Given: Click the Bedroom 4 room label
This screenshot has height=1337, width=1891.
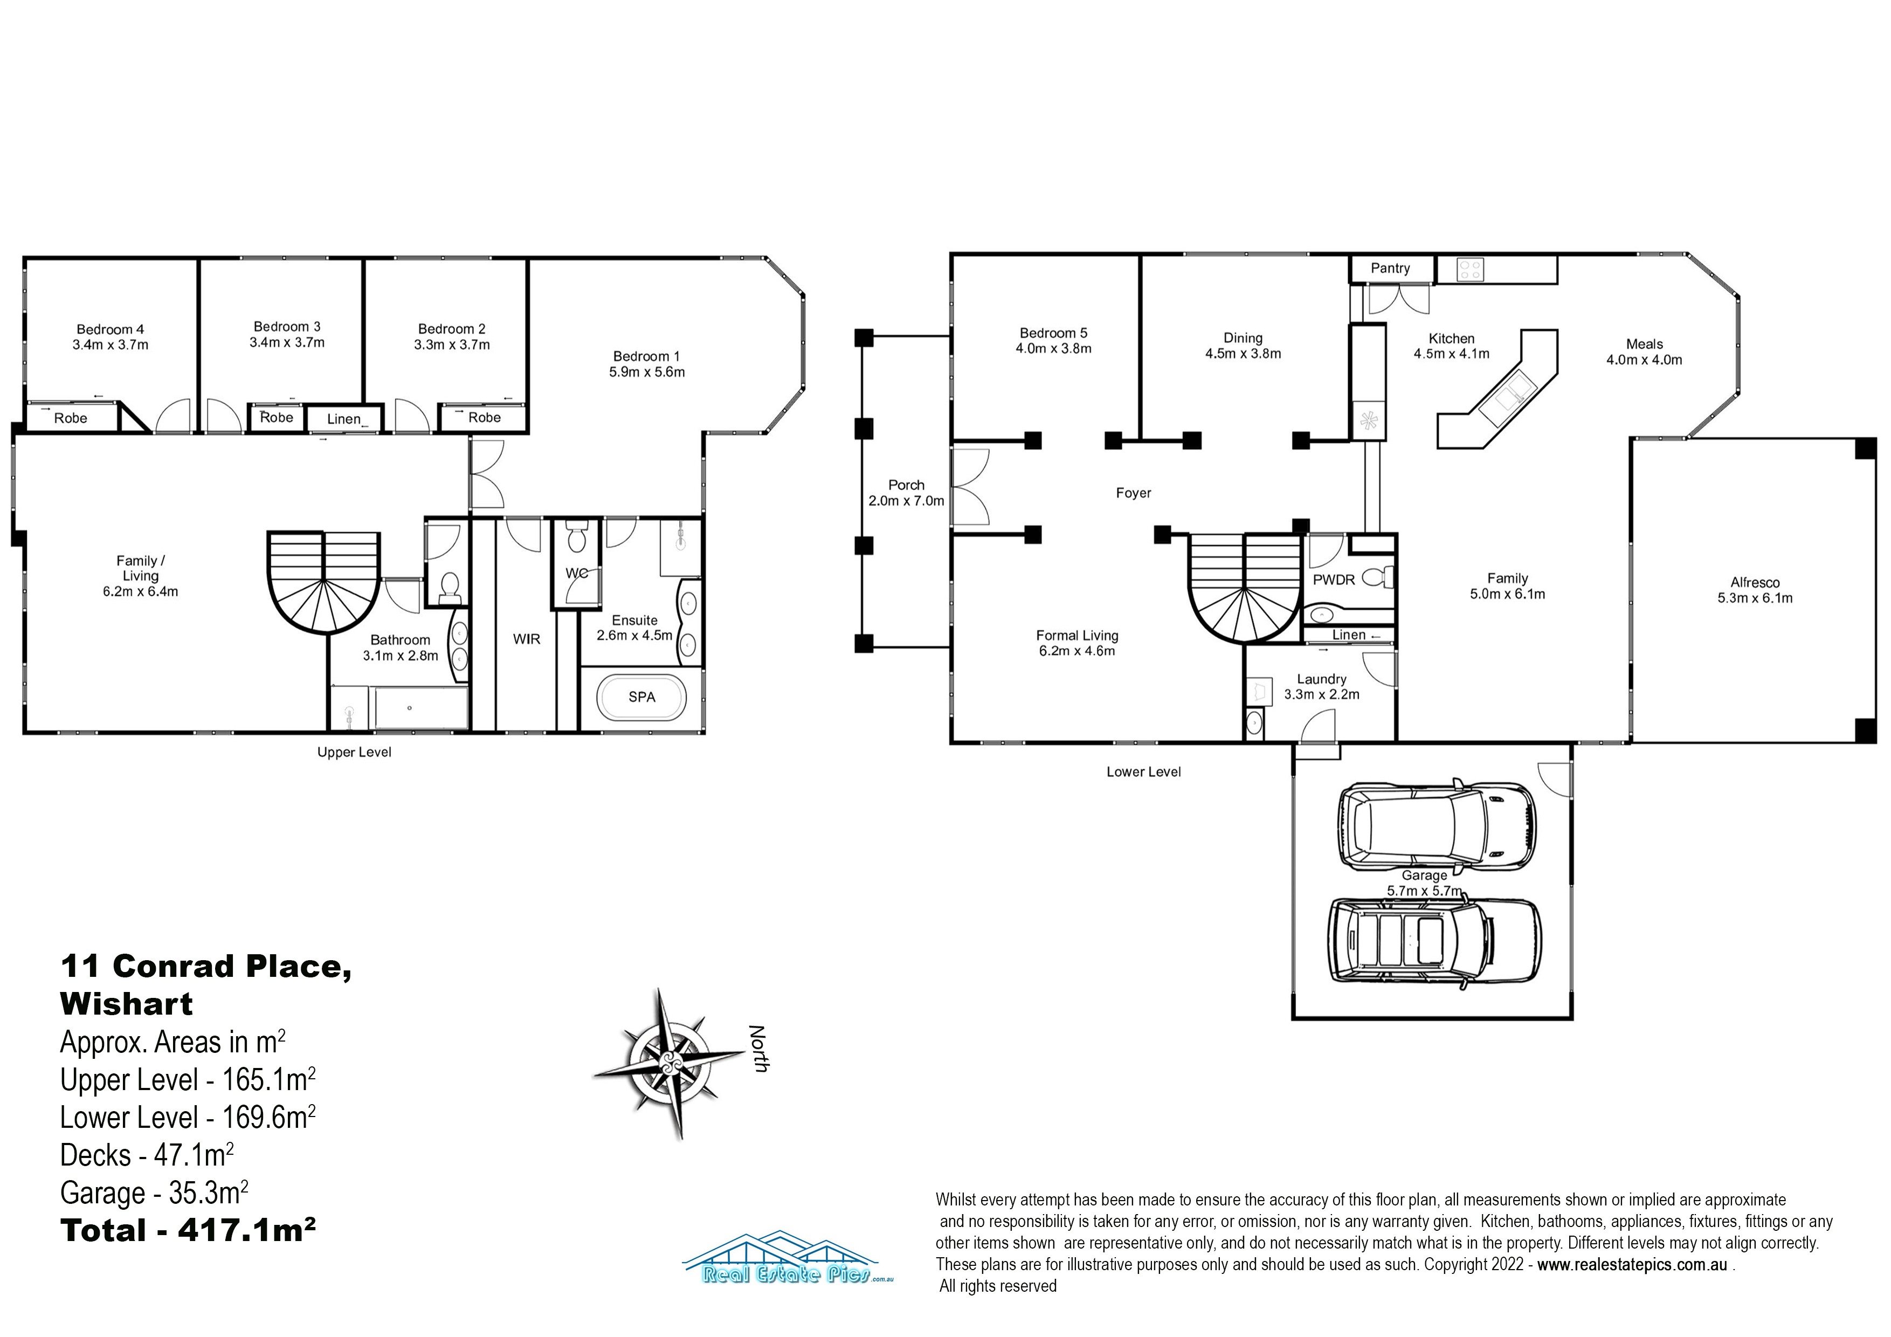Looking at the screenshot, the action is pos(111,329).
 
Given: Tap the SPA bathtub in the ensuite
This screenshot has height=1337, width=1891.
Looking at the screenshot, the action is pos(641,698).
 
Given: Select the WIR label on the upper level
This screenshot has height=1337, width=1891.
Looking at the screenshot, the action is pos(526,639).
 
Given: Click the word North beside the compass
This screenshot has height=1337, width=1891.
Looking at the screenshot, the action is pos(758,1049).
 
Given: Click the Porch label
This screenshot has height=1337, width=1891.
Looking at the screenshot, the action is pos(906,485).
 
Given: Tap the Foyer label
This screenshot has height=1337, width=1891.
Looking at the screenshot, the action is pos(1133,493).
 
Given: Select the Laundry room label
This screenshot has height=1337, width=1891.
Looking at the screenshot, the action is pos(1322,680).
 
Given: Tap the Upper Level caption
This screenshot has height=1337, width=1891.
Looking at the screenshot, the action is pos(354,752).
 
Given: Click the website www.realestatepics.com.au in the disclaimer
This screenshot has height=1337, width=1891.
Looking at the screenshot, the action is pos(1632,1265).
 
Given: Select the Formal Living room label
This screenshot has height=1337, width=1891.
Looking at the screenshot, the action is pos(1077,636).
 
